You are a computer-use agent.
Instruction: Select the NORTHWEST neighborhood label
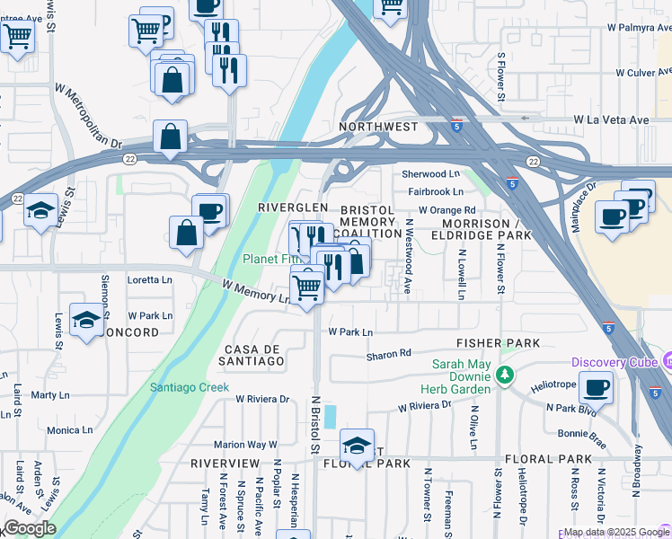[378, 128]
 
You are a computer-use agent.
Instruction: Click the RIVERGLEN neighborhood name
[293, 208]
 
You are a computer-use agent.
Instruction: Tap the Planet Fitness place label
[269, 260]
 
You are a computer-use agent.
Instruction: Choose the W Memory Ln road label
[257, 292]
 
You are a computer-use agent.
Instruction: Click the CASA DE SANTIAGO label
[254, 355]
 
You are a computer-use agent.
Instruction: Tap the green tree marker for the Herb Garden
[506, 374]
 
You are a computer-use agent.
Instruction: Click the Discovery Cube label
[615, 363]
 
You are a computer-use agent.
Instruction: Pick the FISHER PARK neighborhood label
[498, 343]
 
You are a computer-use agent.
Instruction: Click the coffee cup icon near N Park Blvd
[596, 388]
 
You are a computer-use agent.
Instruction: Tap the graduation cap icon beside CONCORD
[86, 321]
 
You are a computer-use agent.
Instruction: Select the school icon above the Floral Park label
[357, 446]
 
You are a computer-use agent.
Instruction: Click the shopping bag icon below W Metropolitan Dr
[170, 137]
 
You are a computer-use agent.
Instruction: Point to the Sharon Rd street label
[388, 355]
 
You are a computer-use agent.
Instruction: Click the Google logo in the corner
[29, 528]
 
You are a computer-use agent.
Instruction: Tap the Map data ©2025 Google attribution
[616, 532]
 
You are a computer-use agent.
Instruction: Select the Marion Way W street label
[244, 445]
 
